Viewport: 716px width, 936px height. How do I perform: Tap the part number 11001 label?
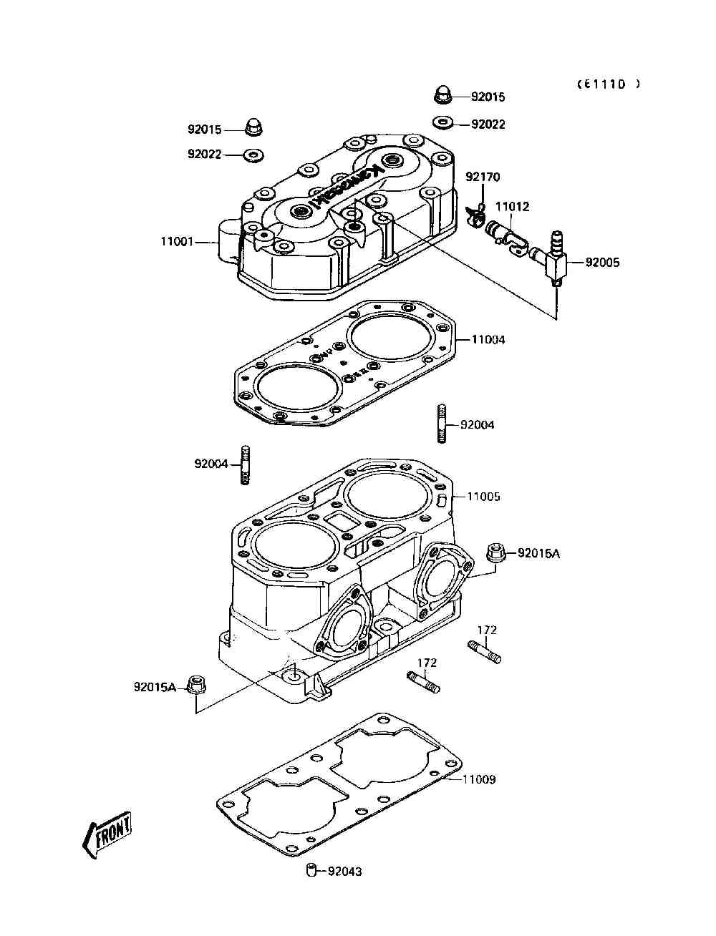[x=177, y=242]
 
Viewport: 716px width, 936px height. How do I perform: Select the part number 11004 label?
[x=488, y=339]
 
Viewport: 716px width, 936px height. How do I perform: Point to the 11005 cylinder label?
[x=484, y=496]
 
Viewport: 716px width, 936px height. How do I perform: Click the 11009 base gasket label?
[x=479, y=779]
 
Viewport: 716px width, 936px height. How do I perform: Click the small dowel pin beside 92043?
[x=311, y=870]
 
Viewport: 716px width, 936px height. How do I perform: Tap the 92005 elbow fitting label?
[x=603, y=262]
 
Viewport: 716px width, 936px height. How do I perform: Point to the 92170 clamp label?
[x=483, y=177]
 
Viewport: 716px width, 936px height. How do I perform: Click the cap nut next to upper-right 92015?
[x=442, y=95]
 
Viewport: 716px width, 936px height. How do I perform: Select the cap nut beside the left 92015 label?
[x=253, y=127]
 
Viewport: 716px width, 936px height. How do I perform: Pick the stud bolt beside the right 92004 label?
[x=440, y=425]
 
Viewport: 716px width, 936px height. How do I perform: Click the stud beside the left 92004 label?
[x=246, y=464]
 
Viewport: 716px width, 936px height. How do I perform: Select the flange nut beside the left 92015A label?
[x=194, y=685]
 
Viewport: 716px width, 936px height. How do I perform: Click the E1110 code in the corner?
[x=609, y=84]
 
